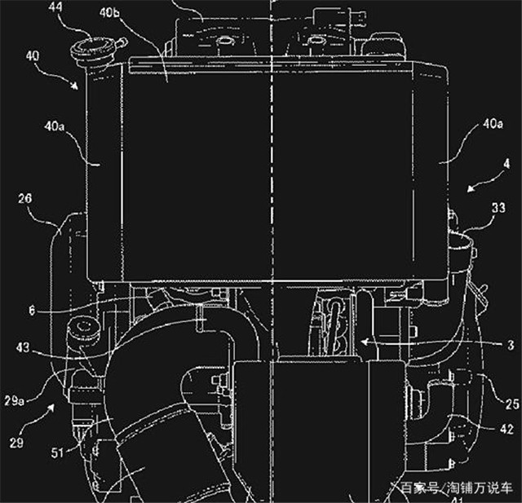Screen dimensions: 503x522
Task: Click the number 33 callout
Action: coord(497,209)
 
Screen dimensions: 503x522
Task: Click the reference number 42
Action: coord(507,427)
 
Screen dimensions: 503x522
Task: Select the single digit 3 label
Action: coord(507,346)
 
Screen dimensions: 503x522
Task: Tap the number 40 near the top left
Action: coord(33,56)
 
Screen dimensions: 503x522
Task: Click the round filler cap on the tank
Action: coord(86,50)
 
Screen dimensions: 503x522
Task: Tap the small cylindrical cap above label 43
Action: coord(83,330)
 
